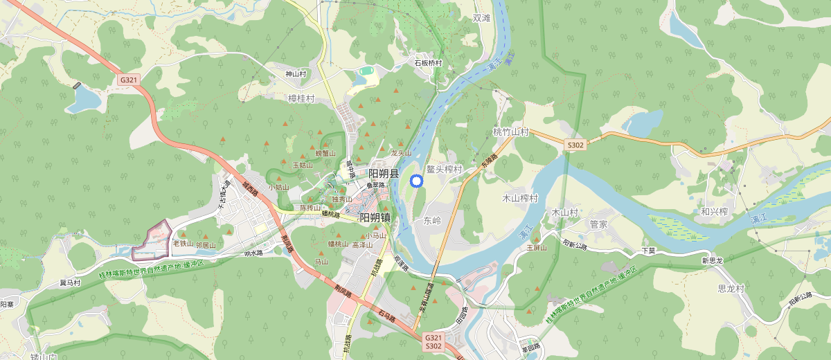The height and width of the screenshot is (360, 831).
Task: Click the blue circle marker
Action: point(416,181)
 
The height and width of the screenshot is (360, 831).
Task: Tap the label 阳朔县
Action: point(384,174)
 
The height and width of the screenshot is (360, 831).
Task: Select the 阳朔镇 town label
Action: point(375,217)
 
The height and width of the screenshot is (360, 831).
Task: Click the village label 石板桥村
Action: point(428,63)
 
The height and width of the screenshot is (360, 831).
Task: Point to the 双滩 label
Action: point(481,18)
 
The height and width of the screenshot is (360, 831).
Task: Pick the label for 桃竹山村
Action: point(510,132)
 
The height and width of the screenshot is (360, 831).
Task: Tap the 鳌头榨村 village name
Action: point(444,169)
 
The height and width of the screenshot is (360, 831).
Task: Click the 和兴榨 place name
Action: point(714,211)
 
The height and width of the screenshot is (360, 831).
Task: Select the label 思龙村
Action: point(731,288)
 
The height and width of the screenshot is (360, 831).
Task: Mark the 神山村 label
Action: point(296,73)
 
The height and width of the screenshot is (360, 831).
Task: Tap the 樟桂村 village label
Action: point(301,99)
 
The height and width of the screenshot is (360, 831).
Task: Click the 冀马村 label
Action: point(70,282)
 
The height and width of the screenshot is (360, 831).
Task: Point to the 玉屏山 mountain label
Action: point(537,247)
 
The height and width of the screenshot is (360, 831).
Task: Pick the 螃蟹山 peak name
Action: point(325,153)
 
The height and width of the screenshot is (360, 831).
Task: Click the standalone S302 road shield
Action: point(575,145)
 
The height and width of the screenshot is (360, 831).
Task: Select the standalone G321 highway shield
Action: point(129,80)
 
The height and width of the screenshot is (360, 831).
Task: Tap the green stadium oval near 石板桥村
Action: point(366,71)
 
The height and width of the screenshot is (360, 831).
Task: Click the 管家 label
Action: point(598,224)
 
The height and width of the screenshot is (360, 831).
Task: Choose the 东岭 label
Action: point(431,221)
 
